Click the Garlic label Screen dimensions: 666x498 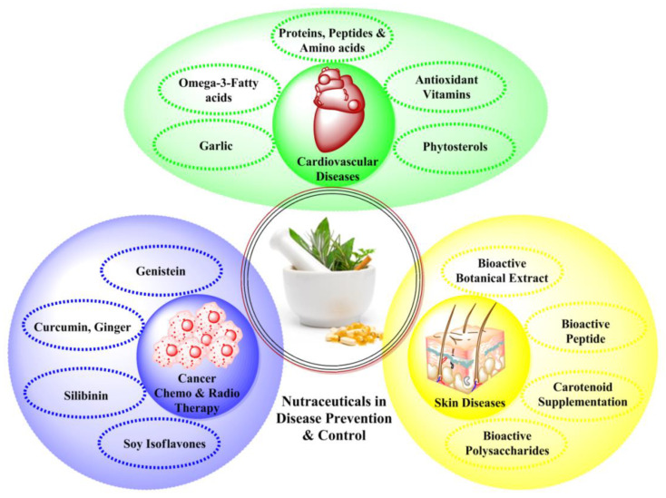click(216, 146)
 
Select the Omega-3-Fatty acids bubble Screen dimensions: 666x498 click(219, 90)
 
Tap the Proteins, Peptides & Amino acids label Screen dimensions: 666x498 click(332, 40)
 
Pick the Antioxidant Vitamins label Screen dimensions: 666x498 click(446, 87)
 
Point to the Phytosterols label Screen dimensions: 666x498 click(455, 147)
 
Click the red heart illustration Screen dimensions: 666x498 click(339, 108)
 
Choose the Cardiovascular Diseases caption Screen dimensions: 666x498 click(338, 169)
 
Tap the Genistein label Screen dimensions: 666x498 click(161, 271)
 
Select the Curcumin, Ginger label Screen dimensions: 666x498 click(83, 327)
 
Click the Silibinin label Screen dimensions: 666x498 click(86, 395)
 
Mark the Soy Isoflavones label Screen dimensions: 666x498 click(164, 444)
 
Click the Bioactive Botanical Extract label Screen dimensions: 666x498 click(502, 271)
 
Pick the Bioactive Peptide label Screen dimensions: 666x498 click(585, 332)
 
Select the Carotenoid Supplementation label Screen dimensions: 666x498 click(583, 395)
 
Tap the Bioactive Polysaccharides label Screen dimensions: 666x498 click(507, 443)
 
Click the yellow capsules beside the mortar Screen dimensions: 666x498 click(354, 334)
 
